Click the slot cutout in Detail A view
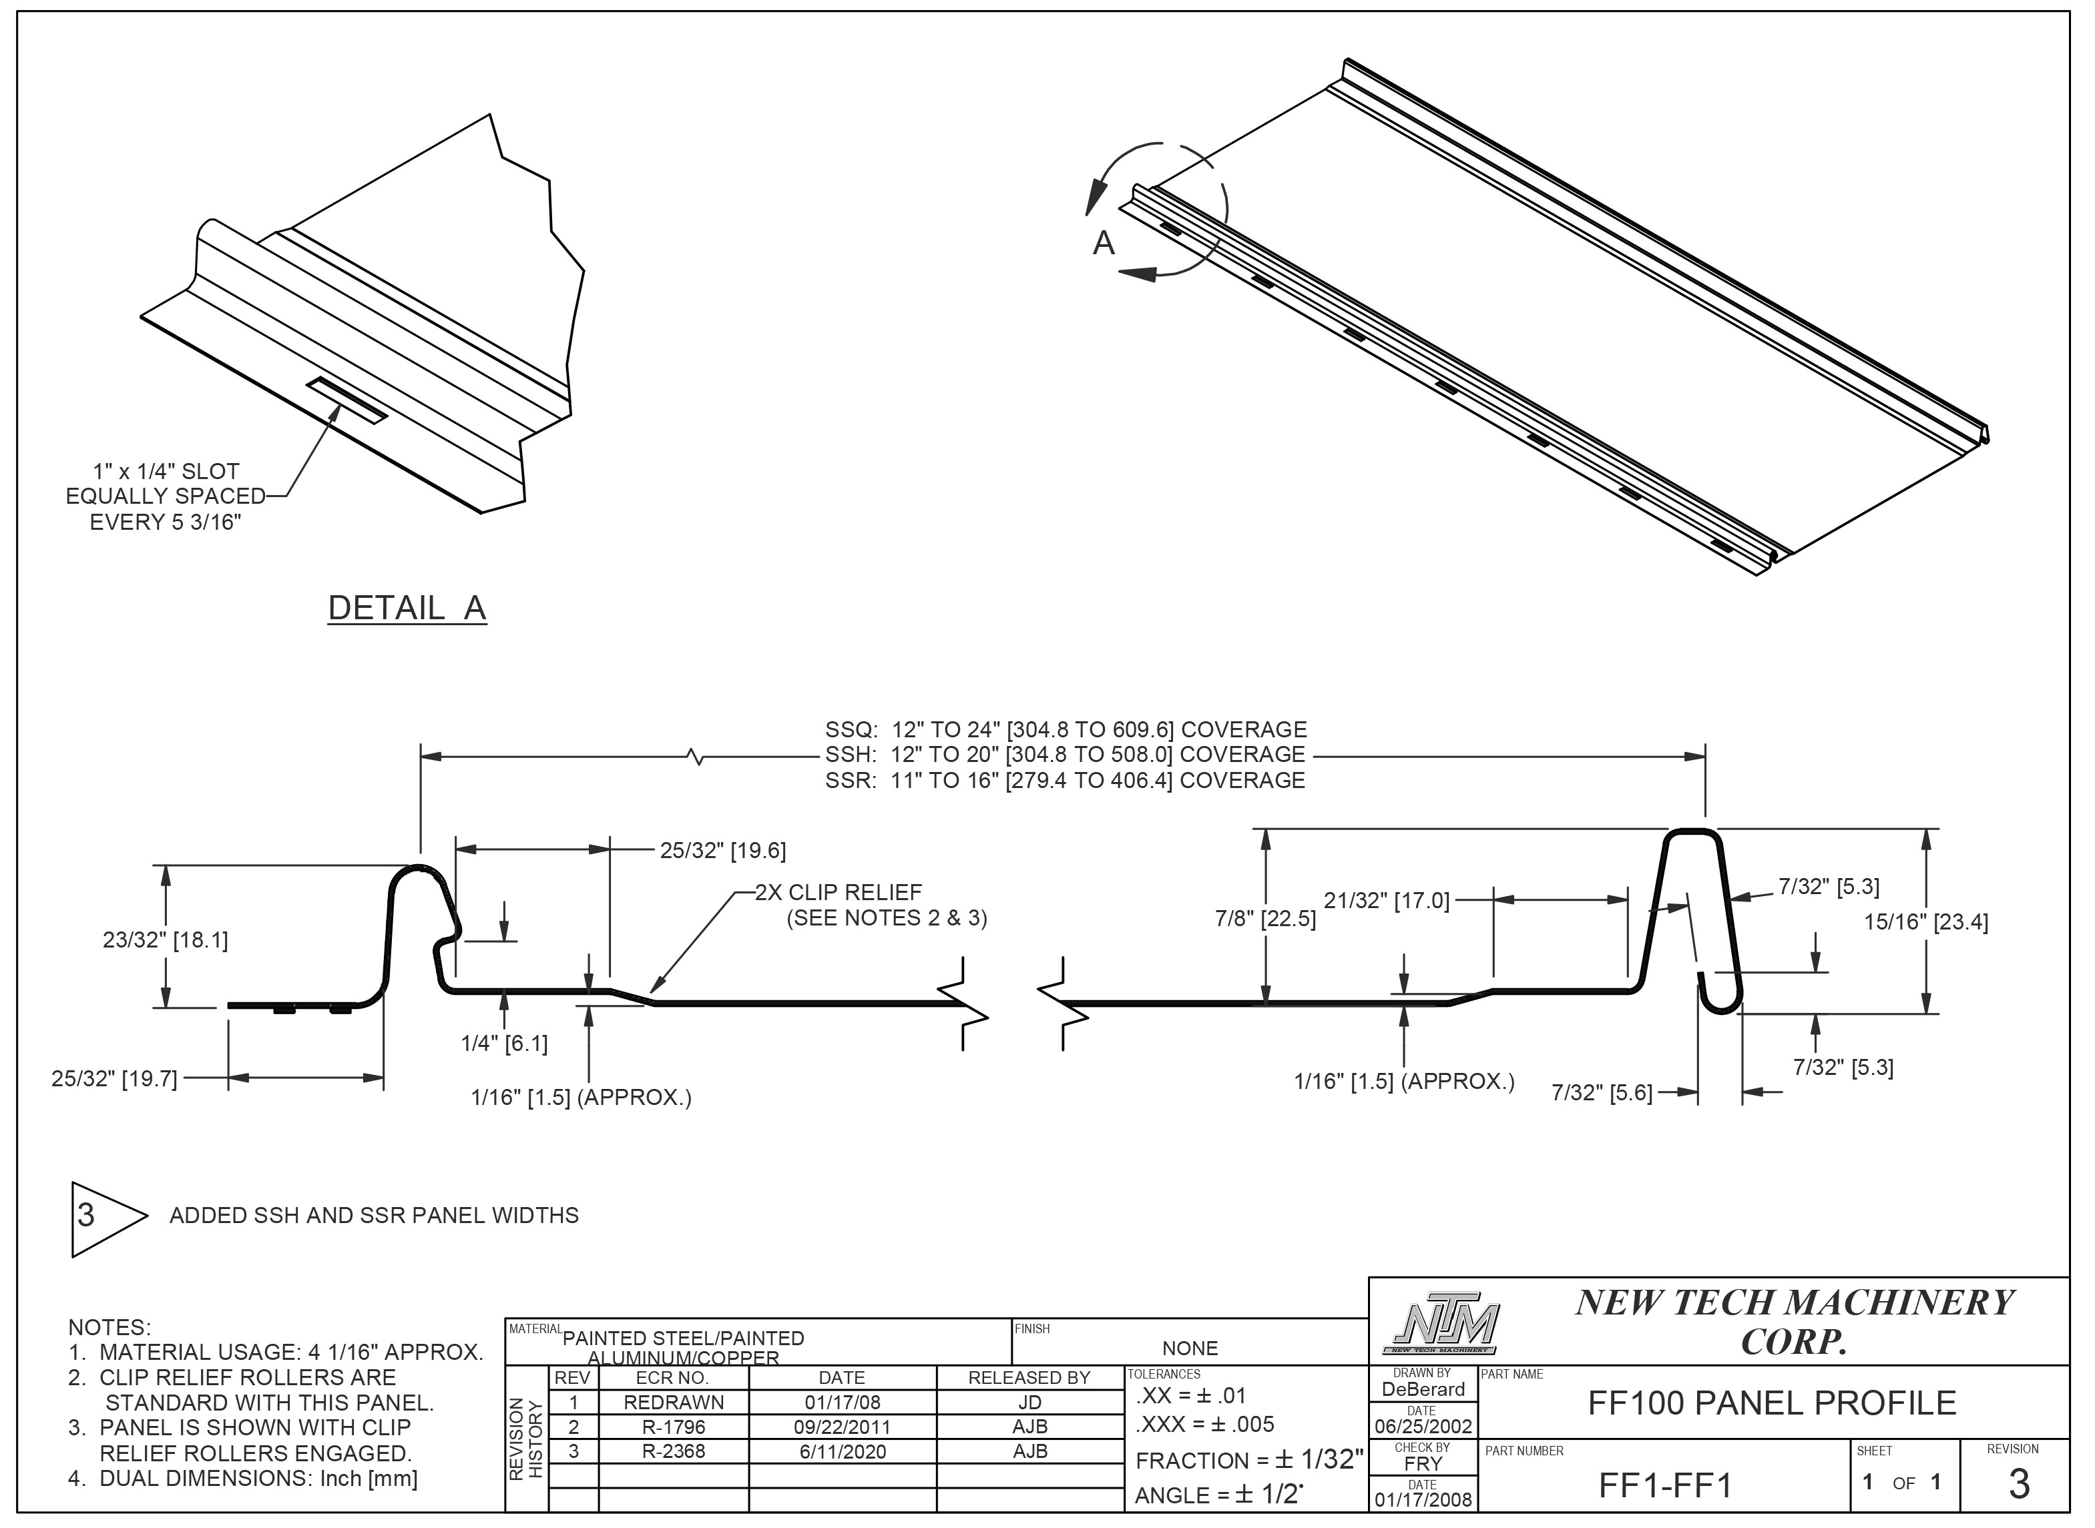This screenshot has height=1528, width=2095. pos(348,400)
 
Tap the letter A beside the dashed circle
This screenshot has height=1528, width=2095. pos(1103,244)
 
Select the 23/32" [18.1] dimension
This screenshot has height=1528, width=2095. pos(165,939)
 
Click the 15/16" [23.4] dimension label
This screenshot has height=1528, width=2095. pos(1925,921)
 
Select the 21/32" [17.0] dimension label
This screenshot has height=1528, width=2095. pos(1385,900)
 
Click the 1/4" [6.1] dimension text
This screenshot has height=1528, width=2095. pos(504,1044)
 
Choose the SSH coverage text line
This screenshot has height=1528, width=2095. pos(1064,755)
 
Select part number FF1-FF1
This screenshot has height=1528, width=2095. pos(1664,1485)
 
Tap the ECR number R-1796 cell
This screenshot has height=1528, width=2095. pos(673,1427)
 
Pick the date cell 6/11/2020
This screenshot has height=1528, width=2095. pos(842,1451)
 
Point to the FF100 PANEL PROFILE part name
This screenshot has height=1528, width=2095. pos(1771,1403)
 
